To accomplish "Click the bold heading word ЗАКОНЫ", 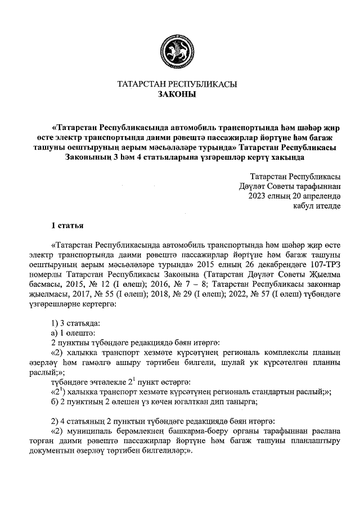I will click(x=177, y=94).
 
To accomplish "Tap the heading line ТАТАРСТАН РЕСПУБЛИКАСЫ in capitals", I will click(x=177, y=84).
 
